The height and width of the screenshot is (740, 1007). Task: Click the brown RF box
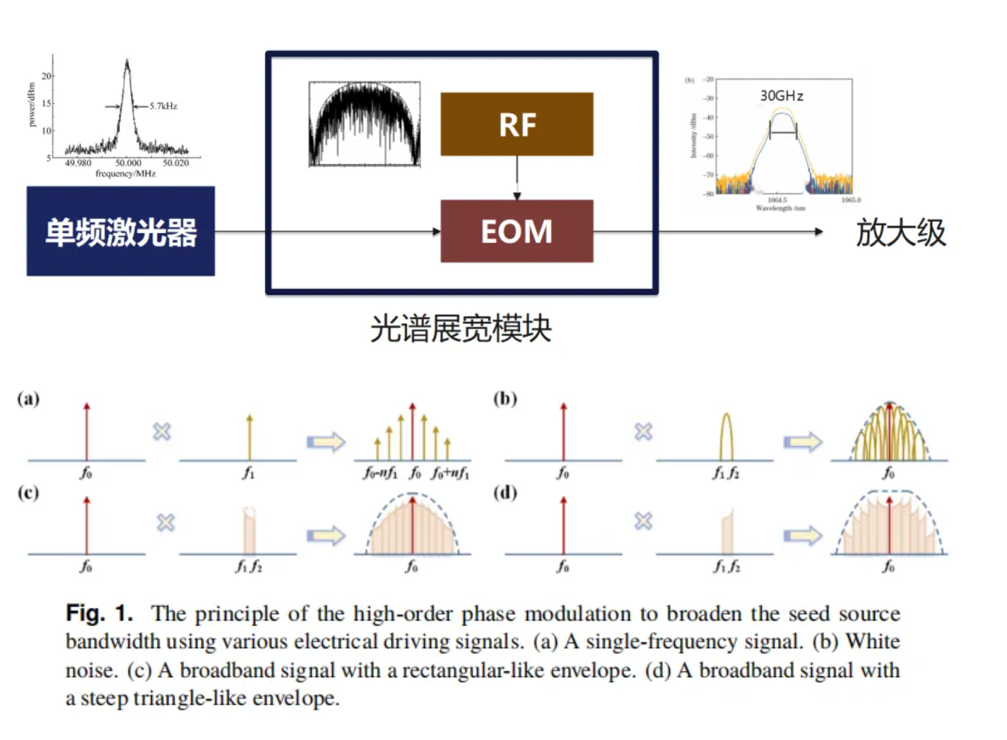click(517, 124)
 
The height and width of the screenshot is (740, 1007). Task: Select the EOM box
click(517, 231)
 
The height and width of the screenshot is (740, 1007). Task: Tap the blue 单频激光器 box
click(121, 231)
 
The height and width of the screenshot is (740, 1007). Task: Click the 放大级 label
click(900, 233)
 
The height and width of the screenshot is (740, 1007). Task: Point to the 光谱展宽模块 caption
click(461, 329)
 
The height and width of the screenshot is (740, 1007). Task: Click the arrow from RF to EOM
click(517, 177)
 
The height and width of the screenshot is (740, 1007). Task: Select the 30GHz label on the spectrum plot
click(782, 96)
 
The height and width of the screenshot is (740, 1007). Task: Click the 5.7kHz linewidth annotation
click(163, 106)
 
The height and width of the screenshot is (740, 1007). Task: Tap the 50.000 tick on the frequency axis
click(128, 163)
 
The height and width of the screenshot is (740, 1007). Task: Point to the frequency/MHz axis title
click(125, 173)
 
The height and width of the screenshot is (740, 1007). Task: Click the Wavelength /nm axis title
click(780, 209)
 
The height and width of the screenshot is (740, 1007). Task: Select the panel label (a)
click(28, 399)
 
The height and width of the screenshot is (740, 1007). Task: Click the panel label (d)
click(505, 492)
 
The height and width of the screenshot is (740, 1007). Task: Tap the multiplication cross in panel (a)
click(162, 431)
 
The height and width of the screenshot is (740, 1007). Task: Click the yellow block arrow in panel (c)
click(326, 535)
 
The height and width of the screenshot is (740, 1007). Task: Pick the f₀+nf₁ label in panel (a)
click(450, 473)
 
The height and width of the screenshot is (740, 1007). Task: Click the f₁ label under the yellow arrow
click(248, 473)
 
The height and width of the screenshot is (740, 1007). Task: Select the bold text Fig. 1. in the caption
click(99, 613)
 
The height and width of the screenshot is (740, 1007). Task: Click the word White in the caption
click(873, 641)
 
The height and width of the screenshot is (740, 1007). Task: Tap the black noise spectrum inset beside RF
click(365, 124)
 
